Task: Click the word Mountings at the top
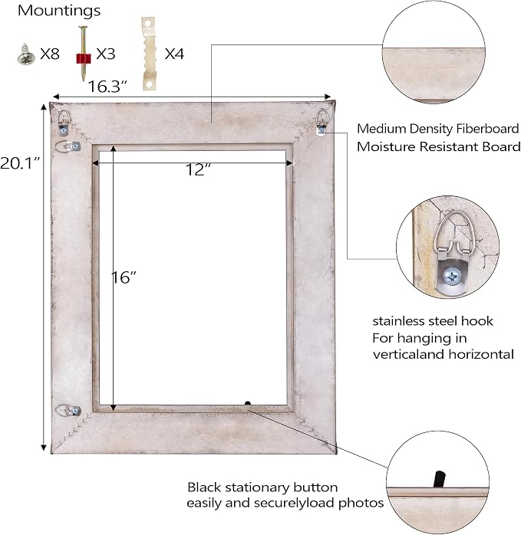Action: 59,11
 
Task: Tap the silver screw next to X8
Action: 26,54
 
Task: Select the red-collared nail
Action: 83,53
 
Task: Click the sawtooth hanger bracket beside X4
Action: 149,54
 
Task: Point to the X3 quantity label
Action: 106,54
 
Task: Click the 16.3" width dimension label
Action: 107,87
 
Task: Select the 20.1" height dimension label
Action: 20,163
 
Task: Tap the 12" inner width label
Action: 198,169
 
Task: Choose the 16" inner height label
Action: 124,277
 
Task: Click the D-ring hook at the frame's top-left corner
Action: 64,122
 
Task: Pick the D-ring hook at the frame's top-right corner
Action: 322,122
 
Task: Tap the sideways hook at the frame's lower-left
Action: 68,411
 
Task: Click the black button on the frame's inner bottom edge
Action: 248,404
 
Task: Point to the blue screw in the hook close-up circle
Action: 452,276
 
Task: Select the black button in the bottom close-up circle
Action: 439,479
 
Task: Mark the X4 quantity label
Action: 174,54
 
